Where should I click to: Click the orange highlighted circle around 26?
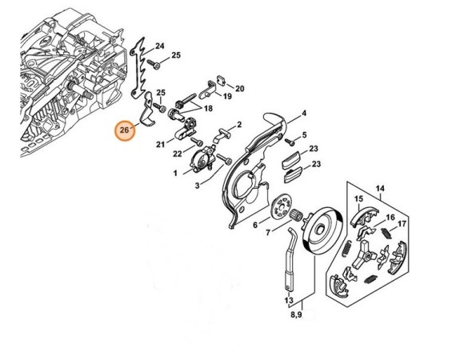(x=124, y=129)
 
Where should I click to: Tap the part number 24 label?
(x=159, y=46)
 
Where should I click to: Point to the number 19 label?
(x=227, y=96)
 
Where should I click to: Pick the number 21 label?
(x=161, y=144)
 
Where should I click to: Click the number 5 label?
(x=304, y=136)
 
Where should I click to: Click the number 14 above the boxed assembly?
(x=380, y=190)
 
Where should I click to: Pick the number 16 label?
(x=390, y=217)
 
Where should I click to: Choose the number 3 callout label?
(x=197, y=186)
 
